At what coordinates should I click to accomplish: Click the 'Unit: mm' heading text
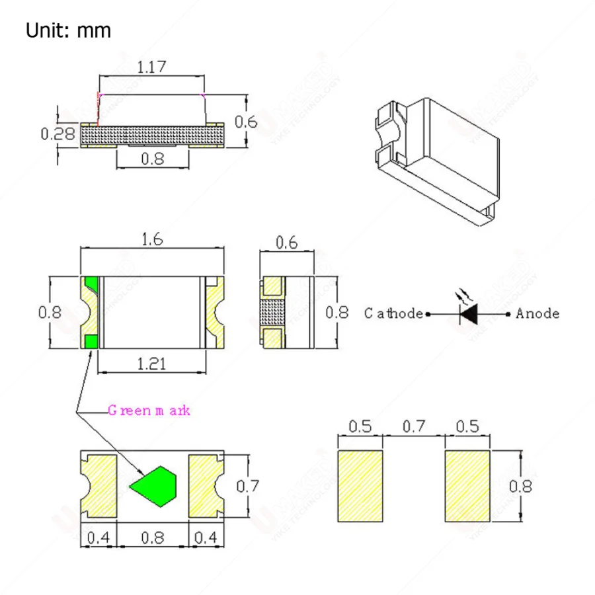tap(68, 30)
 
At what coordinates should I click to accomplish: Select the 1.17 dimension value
tap(151, 67)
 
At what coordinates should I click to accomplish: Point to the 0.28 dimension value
tap(58, 134)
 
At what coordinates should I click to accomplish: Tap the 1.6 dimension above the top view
tap(152, 239)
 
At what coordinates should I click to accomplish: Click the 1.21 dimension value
tap(151, 364)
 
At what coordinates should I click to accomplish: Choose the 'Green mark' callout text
tap(149, 410)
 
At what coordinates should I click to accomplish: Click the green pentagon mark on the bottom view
tap(155, 487)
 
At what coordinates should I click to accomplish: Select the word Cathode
tap(393, 313)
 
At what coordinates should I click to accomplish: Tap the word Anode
tap(537, 313)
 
